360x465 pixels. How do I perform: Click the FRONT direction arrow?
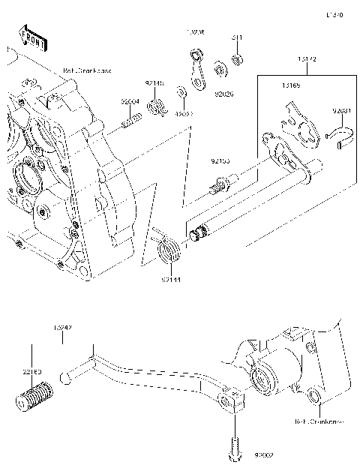(31, 37)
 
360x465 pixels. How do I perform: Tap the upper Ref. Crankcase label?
(85, 71)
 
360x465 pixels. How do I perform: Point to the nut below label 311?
(235, 58)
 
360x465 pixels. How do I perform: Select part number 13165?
(292, 86)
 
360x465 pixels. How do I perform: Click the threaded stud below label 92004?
(133, 118)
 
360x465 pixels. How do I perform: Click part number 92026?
(223, 95)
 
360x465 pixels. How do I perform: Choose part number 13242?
(62, 328)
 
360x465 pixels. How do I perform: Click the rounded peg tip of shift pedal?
(67, 379)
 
